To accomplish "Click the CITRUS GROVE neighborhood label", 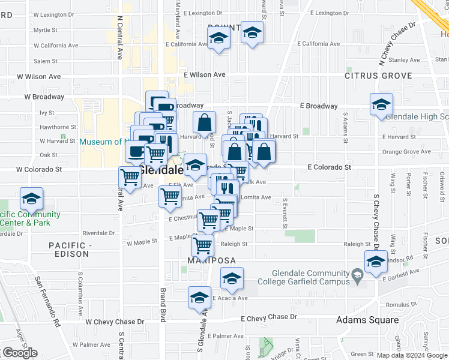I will pos(378,76).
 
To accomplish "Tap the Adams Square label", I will pos(367,320).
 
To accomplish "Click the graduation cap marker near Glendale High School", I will pos(381,106).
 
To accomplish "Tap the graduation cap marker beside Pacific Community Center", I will pos(31,199).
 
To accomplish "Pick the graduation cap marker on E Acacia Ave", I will pos(200,298).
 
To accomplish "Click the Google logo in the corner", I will pos(20,353).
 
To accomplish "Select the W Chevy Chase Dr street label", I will pos(115,322).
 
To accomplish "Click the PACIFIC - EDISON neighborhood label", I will pos(70,250).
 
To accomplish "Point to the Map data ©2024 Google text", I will pos(412,355).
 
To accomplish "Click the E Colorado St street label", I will pos(329,167).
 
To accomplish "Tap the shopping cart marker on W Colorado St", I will pos(131,177).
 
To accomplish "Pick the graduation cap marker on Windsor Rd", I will pos(376,262).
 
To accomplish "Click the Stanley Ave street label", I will pos(403,60).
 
